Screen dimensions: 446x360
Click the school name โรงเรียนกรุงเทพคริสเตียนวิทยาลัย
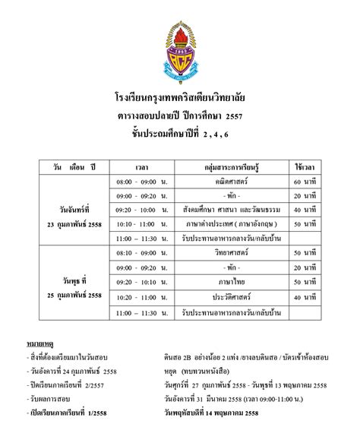(x=180, y=99)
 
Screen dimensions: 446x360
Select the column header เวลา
(x=141, y=165)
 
